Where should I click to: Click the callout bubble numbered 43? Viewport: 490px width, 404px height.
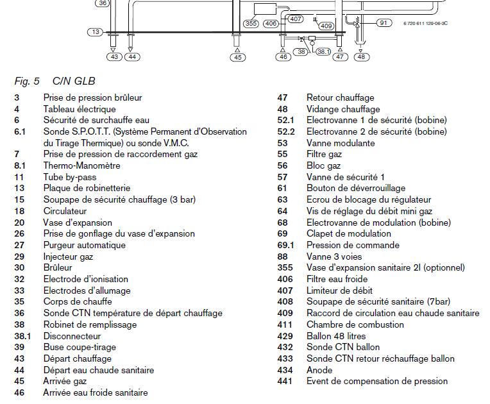(x=115, y=57)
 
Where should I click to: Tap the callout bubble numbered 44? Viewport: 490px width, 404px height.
(x=131, y=57)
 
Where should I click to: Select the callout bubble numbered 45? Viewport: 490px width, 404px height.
(x=238, y=58)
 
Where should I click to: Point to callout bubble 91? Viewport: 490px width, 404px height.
(x=384, y=22)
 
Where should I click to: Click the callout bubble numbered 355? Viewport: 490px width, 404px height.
(x=252, y=24)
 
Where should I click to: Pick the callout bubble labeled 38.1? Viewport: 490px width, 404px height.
(x=323, y=51)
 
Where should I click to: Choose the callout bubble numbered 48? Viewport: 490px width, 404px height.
(x=362, y=57)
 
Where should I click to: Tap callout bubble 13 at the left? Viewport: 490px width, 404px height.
(x=95, y=32)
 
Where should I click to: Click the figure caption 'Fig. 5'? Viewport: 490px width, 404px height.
(x=27, y=81)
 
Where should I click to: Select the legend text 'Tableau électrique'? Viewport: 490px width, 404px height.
(x=80, y=109)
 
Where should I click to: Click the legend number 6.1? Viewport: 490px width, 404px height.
(x=19, y=131)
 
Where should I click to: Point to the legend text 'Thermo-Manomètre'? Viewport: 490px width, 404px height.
(x=81, y=165)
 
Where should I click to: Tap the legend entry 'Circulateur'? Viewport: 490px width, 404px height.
(x=65, y=211)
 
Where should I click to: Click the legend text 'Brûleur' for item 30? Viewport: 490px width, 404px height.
(x=58, y=267)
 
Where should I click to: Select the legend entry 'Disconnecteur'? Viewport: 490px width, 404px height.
(x=72, y=336)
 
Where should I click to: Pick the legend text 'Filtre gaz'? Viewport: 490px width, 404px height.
(x=324, y=154)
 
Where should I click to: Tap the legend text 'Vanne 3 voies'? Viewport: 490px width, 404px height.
(x=334, y=257)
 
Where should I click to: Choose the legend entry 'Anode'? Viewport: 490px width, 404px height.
(x=319, y=370)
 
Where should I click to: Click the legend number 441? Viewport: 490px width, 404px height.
(x=285, y=381)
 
